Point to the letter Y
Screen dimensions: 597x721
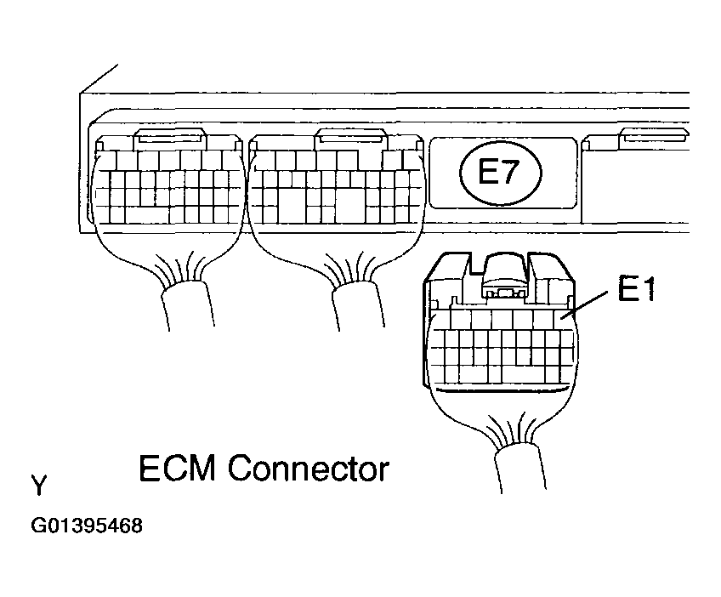tap(39, 486)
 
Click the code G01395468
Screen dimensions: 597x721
tap(87, 526)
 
